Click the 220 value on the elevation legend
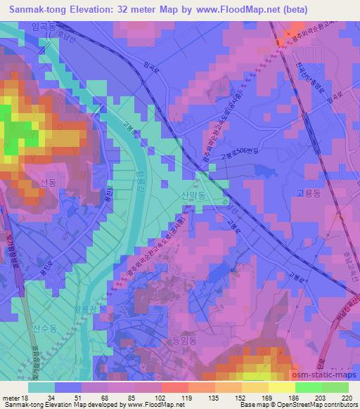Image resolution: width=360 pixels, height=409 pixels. point(346,398)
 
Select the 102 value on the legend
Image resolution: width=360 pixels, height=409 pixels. point(161,398)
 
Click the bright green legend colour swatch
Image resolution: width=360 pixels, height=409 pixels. point(307,387)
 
